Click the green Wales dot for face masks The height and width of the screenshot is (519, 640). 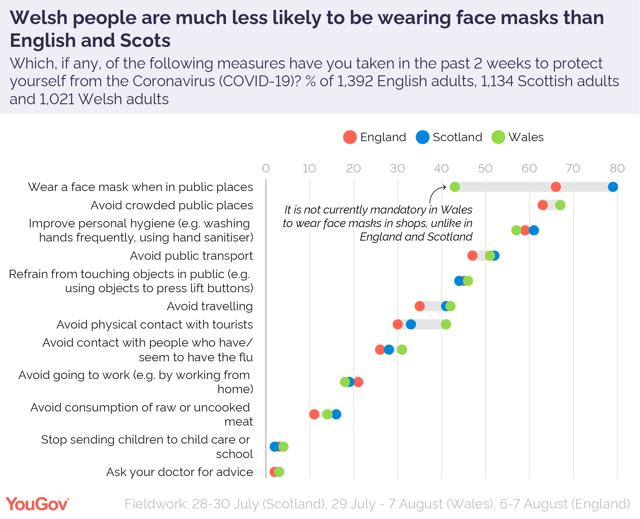pyautogui.click(x=455, y=187)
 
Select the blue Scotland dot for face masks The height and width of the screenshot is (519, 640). pyautogui.click(x=613, y=187)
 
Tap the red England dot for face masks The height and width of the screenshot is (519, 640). pyautogui.click(x=556, y=187)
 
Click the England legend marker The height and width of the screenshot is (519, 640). pyautogui.click(x=350, y=137)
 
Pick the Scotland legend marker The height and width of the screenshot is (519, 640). pyautogui.click(x=422, y=137)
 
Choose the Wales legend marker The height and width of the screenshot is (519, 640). pyautogui.click(x=498, y=137)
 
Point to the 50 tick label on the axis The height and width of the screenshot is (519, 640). pyautogui.click(x=485, y=168)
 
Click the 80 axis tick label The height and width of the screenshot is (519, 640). pyautogui.click(x=617, y=168)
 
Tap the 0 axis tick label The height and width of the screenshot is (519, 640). pyautogui.click(x=266, y=168)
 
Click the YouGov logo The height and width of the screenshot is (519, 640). pyautogui.click(x=37, y=504)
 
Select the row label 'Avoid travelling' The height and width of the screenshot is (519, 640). pyautogui.click(x=210, y=306)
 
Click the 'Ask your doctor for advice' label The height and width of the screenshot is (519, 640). pyautogui.click(x=179, y=472)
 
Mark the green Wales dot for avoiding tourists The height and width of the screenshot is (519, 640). pyautogui.click(x=446, y=324)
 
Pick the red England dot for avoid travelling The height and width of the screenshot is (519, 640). pyautogui.click(x=420, y=306)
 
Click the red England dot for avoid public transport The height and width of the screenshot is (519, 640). pyautogui.click(x=472, y=256)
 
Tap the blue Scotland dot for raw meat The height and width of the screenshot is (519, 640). pyautogui.click(x=336, y=414)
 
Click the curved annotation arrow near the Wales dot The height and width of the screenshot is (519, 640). pyautogui.click(x=436, y=192)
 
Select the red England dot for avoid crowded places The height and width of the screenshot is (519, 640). pyautogui.click(x=543, y=205)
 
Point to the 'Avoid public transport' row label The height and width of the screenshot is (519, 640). pyautogui.click(x=191, y=256)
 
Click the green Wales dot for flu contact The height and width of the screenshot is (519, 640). pyautogui.click(x=402, y=350)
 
